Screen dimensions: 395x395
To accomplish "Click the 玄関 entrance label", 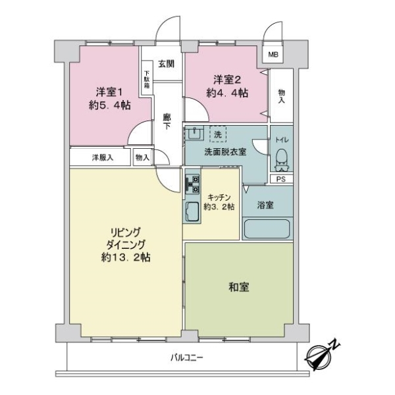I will [166, 64].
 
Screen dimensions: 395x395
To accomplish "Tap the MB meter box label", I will [272, 55].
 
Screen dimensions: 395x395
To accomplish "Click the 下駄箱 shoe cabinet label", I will [147, 79].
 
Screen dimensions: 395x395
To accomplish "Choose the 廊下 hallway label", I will [167, 121].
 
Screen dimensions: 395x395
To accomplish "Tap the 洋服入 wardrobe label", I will [102, 157].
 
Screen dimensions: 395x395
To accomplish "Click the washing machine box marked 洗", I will [217, 134].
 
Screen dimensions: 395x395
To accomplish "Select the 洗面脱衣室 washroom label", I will [224, 151].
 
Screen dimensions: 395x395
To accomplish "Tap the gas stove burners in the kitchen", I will [192, 184].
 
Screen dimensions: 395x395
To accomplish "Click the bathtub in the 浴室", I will [266, 229].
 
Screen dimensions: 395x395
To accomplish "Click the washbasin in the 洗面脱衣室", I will [194, 134].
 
